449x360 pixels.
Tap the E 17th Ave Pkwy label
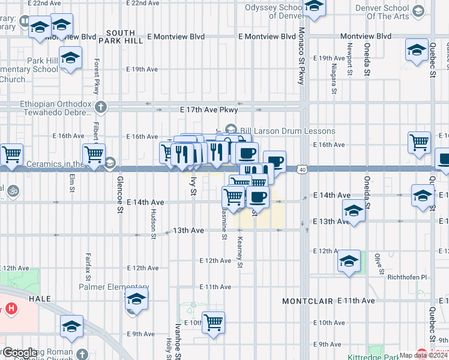click(209, 110)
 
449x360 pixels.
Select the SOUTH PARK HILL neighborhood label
click(124, 36)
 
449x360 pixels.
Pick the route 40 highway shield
click(302, 170)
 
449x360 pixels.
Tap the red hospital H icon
click(11, 309)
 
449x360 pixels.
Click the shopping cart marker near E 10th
click(213, 323)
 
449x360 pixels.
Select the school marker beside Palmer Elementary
click(137, 299)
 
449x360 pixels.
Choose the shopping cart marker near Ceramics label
click(94, 155)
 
